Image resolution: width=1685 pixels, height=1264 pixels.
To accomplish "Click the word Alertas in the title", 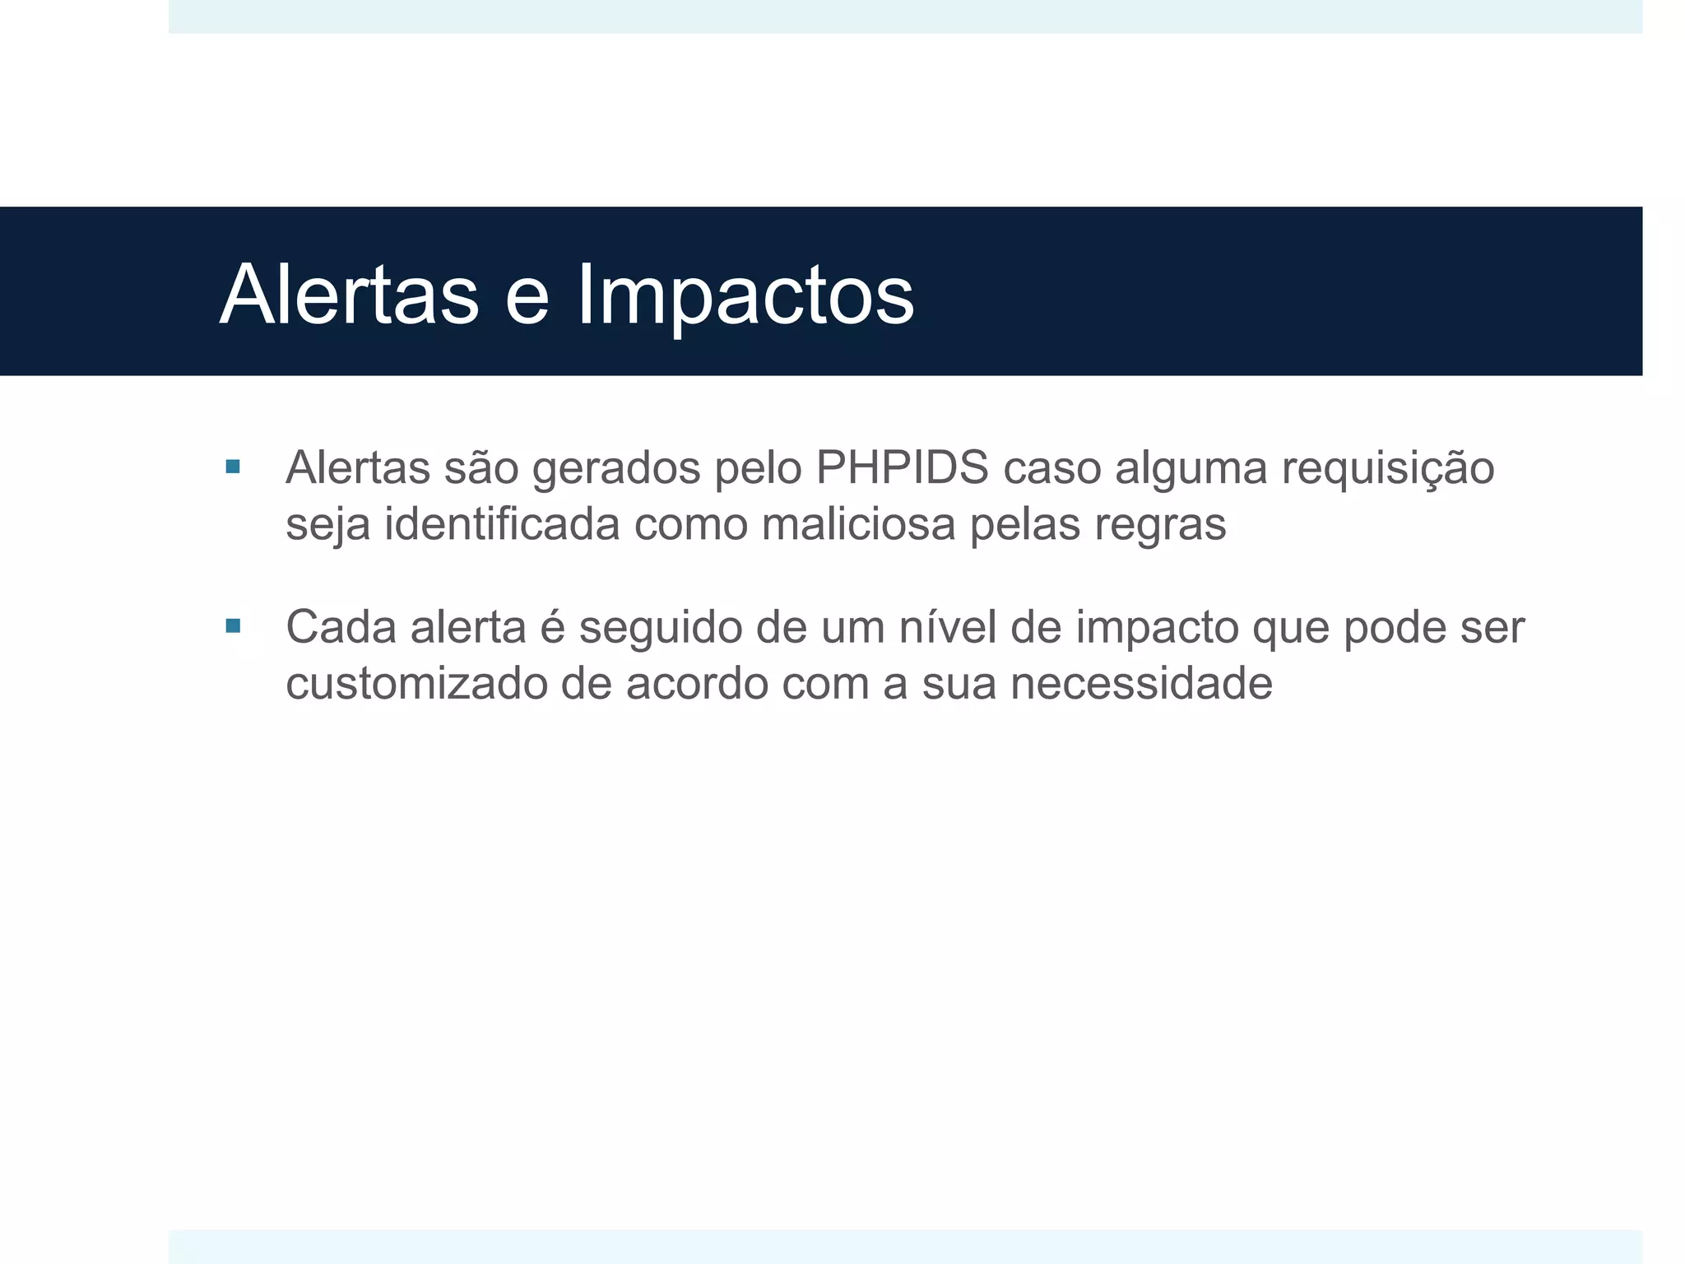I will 349,295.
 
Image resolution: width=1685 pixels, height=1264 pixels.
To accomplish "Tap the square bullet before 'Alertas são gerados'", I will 233,467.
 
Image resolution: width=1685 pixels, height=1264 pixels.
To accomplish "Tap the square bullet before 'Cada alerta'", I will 233,626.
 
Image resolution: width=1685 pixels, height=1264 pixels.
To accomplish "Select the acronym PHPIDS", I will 902,467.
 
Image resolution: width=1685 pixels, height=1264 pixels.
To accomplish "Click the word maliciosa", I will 858,524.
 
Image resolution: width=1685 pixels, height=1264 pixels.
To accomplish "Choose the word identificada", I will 502,524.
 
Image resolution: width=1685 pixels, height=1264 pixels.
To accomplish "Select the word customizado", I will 416,683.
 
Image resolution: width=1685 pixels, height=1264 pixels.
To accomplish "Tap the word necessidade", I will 1141,683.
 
